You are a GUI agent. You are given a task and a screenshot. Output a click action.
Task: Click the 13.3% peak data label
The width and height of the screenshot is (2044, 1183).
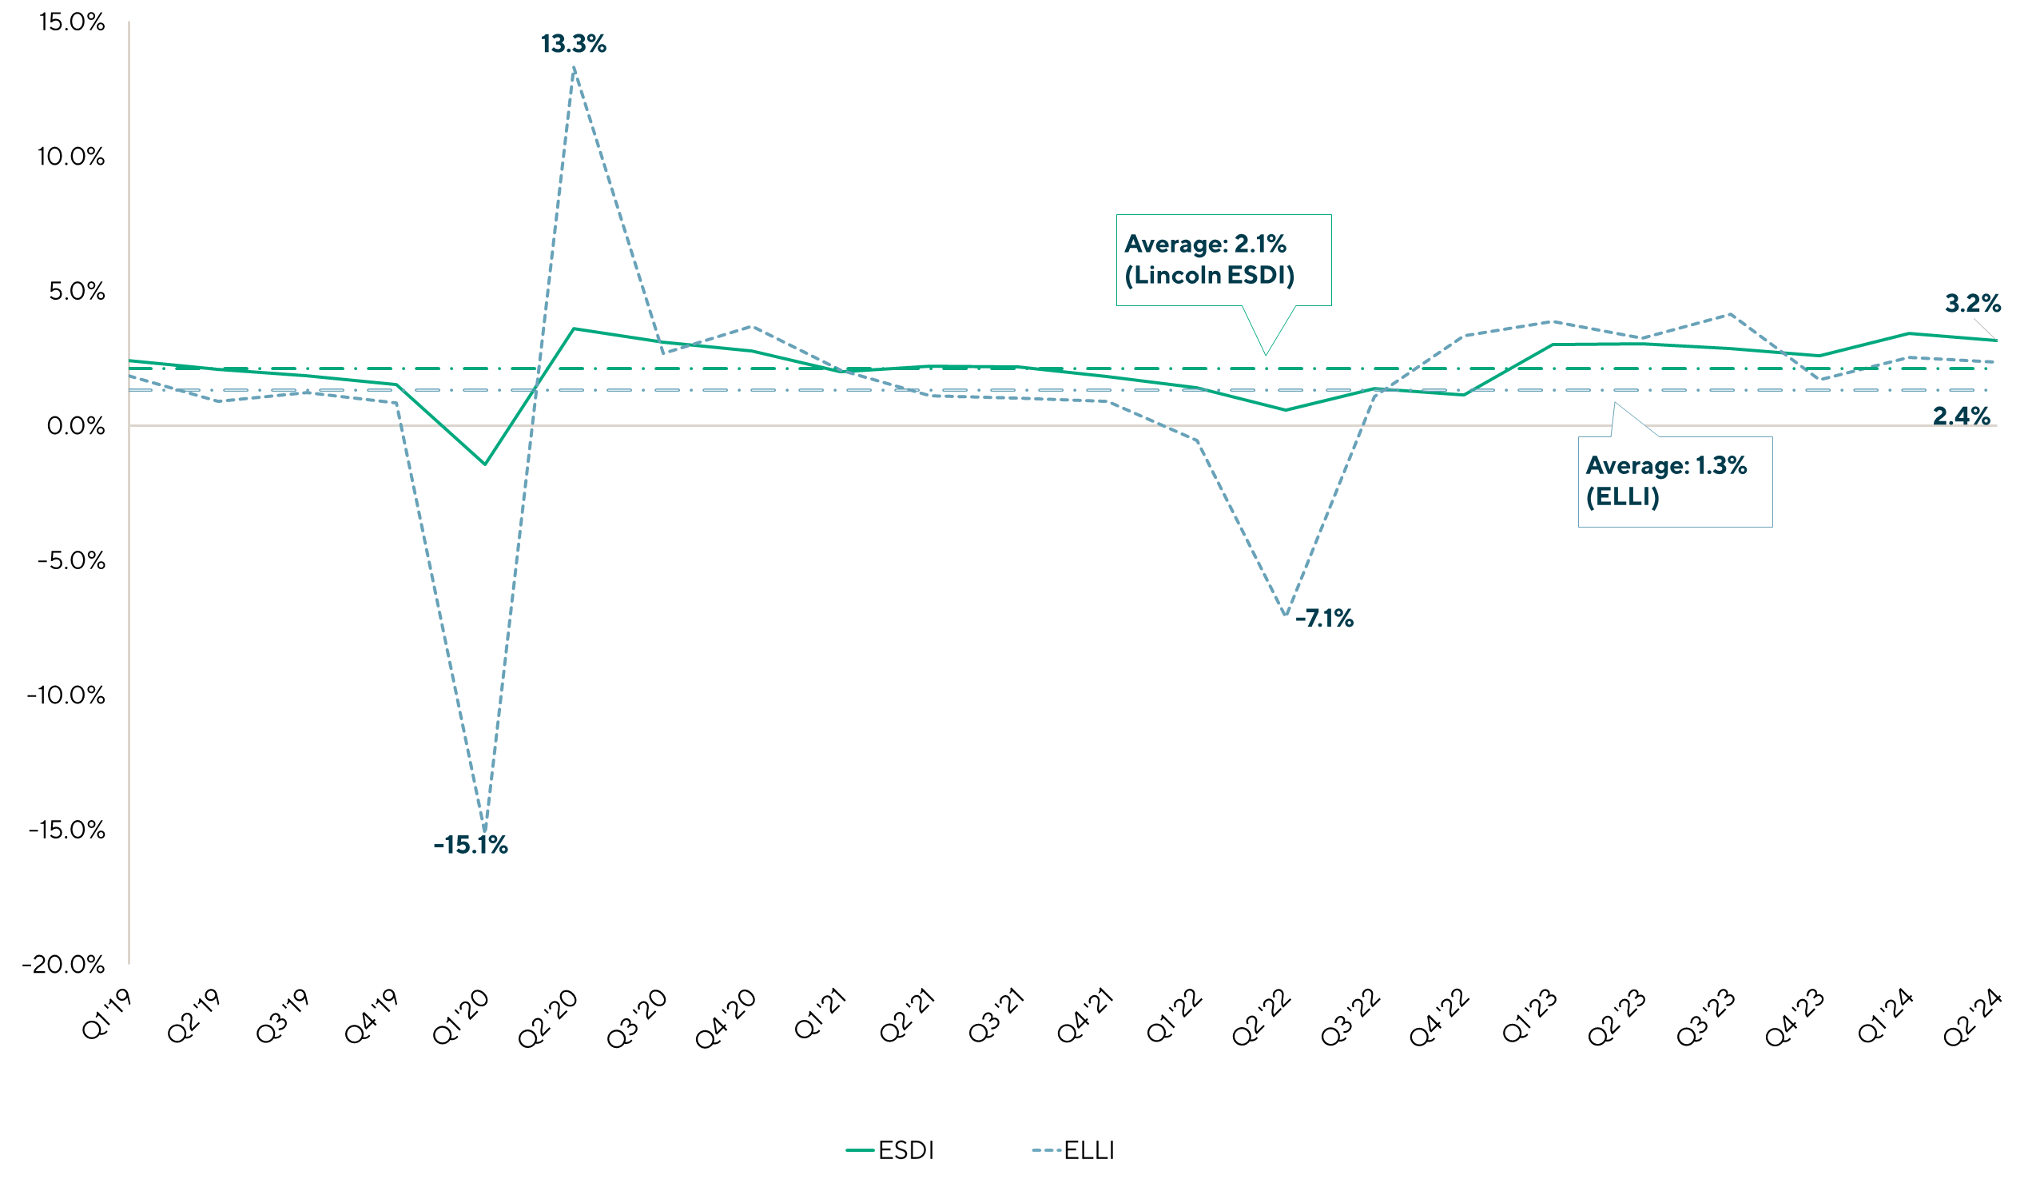(x=574, y=45)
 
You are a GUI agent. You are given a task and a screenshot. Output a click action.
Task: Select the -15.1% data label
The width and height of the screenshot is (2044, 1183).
(x=471, y=846)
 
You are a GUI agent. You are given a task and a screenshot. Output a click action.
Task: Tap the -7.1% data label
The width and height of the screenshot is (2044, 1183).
(x=1324, y=619)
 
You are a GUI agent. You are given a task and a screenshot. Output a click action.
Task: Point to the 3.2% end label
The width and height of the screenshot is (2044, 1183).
(x=1973, y=305)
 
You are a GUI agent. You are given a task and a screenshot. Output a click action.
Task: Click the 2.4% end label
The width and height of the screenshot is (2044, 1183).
(x=1961, y=417)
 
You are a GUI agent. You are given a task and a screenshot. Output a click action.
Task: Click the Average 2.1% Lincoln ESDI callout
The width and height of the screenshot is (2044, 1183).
(x=1223, y=260)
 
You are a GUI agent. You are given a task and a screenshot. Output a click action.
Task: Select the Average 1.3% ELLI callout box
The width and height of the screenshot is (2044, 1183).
(x=1674, y=481)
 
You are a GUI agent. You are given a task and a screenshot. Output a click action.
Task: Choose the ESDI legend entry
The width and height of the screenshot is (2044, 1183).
(x=891, y=1150)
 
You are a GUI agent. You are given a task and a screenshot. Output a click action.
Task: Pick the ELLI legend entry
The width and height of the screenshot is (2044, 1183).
(x=1073, y=1150)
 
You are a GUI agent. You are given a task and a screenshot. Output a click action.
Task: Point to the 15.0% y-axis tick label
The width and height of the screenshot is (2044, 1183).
(x=72, y=22)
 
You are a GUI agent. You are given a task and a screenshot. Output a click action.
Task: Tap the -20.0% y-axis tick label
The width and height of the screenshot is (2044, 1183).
(x=64, y=965)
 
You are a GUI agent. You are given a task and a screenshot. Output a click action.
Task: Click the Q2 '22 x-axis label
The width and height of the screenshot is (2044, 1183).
(x=1261, y=1018)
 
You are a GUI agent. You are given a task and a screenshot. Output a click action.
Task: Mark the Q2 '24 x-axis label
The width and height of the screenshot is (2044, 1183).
(x=1973, y=1018)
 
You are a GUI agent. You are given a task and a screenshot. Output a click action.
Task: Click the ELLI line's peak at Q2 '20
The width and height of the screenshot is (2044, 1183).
(x=575, y=69)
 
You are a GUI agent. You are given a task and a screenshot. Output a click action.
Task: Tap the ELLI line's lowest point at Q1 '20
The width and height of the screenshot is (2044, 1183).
(x=485, y=830)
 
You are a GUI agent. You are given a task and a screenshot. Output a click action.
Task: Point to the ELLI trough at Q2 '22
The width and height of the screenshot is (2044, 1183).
(x=1286, y=615)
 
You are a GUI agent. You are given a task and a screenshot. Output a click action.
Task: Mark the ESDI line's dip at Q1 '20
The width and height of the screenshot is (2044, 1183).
(x=485, y=464)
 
